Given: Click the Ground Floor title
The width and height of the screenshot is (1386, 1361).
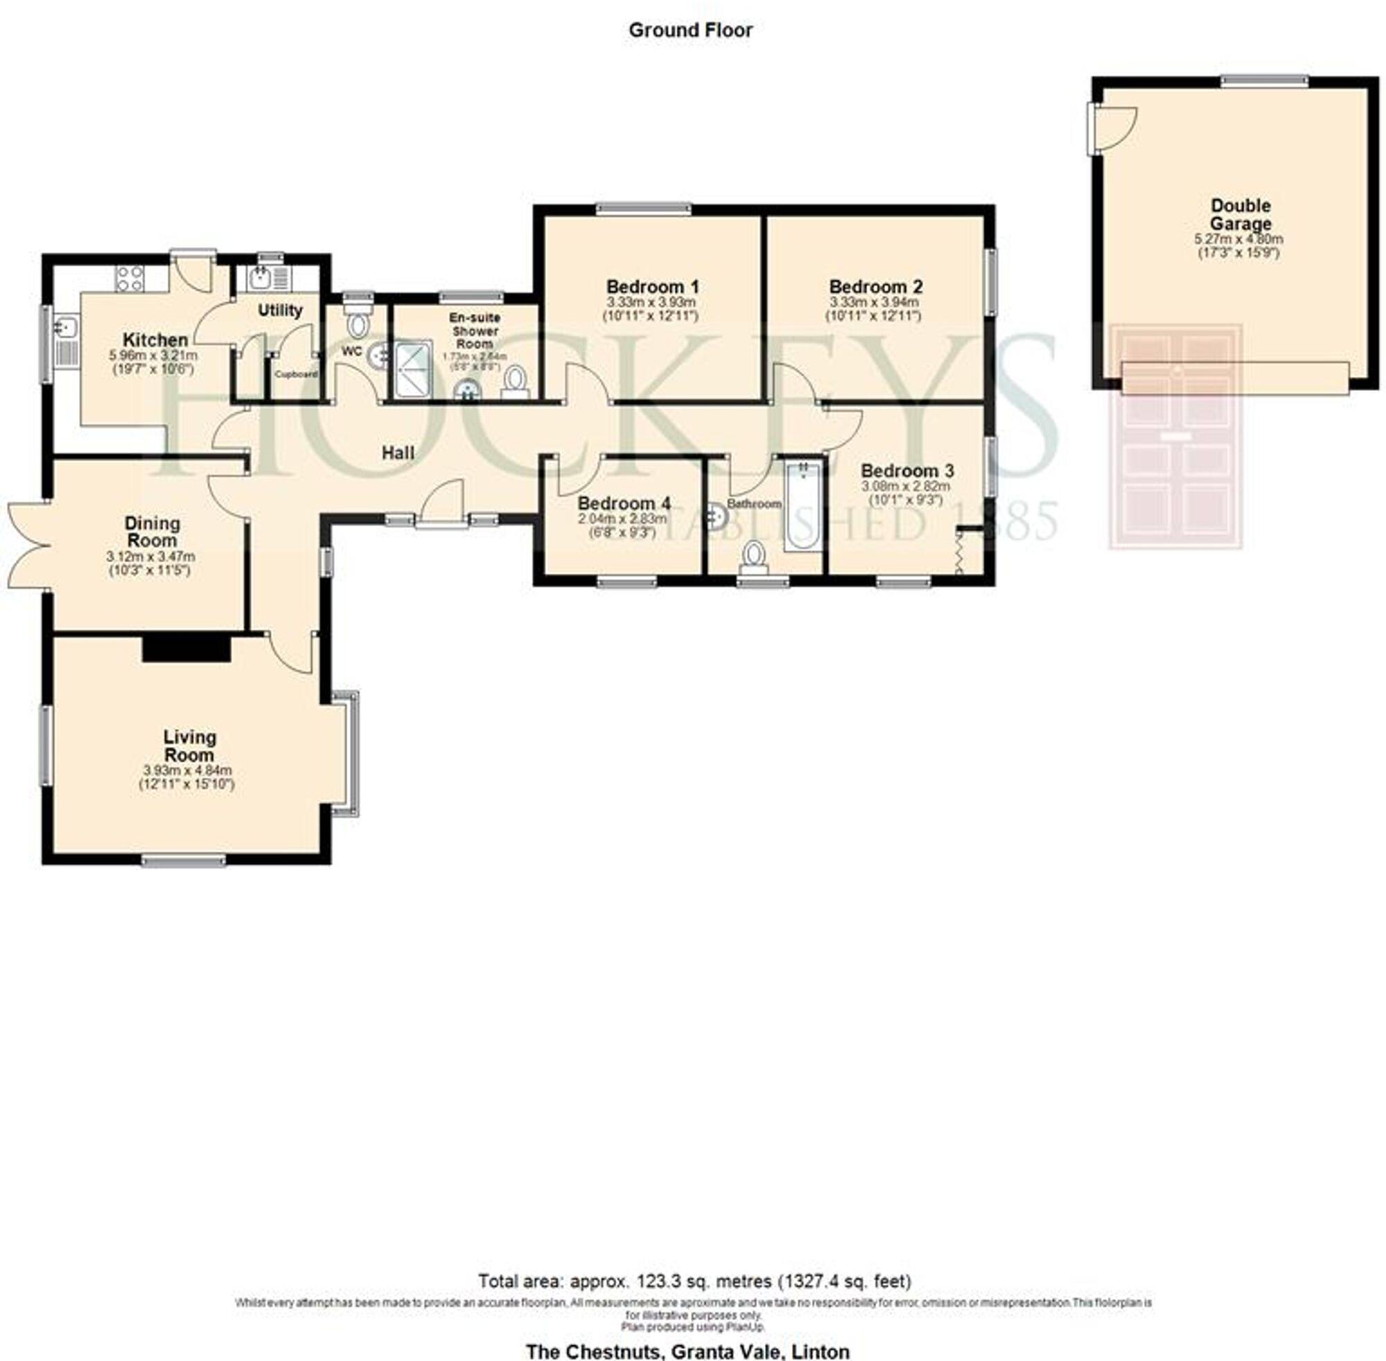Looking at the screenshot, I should pyautogui.click(x=690, y=30).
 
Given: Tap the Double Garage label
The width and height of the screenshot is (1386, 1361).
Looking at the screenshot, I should pyautogui.click(x=1240, y=214).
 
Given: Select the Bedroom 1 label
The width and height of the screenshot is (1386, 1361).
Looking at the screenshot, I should pyautogui.click(x=652, y=287).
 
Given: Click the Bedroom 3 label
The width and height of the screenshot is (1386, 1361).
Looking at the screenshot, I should pyautogui.click(x=906, y=471).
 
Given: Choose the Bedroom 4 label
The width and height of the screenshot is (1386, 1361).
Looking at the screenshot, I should pyautogui.click(x=623, y=502).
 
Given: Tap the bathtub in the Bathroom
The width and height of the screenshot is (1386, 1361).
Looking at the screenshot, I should pyautogui.click(x=803, y=506).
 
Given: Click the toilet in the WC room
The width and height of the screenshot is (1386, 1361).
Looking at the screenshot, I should pyautogui.click(x=357, y=322).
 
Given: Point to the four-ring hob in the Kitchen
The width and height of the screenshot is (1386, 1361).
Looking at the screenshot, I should pyautogui.click(x=130, y=278).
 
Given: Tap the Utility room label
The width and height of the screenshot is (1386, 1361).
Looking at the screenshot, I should pyautogui.click(x=279, y=310).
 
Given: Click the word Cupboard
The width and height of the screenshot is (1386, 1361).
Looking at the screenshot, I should pyautogui.click(x=297, y=374).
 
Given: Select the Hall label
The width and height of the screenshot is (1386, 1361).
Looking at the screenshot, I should pyautogui.click(x=397, y=453).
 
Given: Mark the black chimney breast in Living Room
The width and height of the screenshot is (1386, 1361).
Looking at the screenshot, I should pyautogui.click(x=186, y=649).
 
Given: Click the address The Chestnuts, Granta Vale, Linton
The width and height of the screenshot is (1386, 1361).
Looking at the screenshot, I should pyautogui.click(x=687, y=1352).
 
